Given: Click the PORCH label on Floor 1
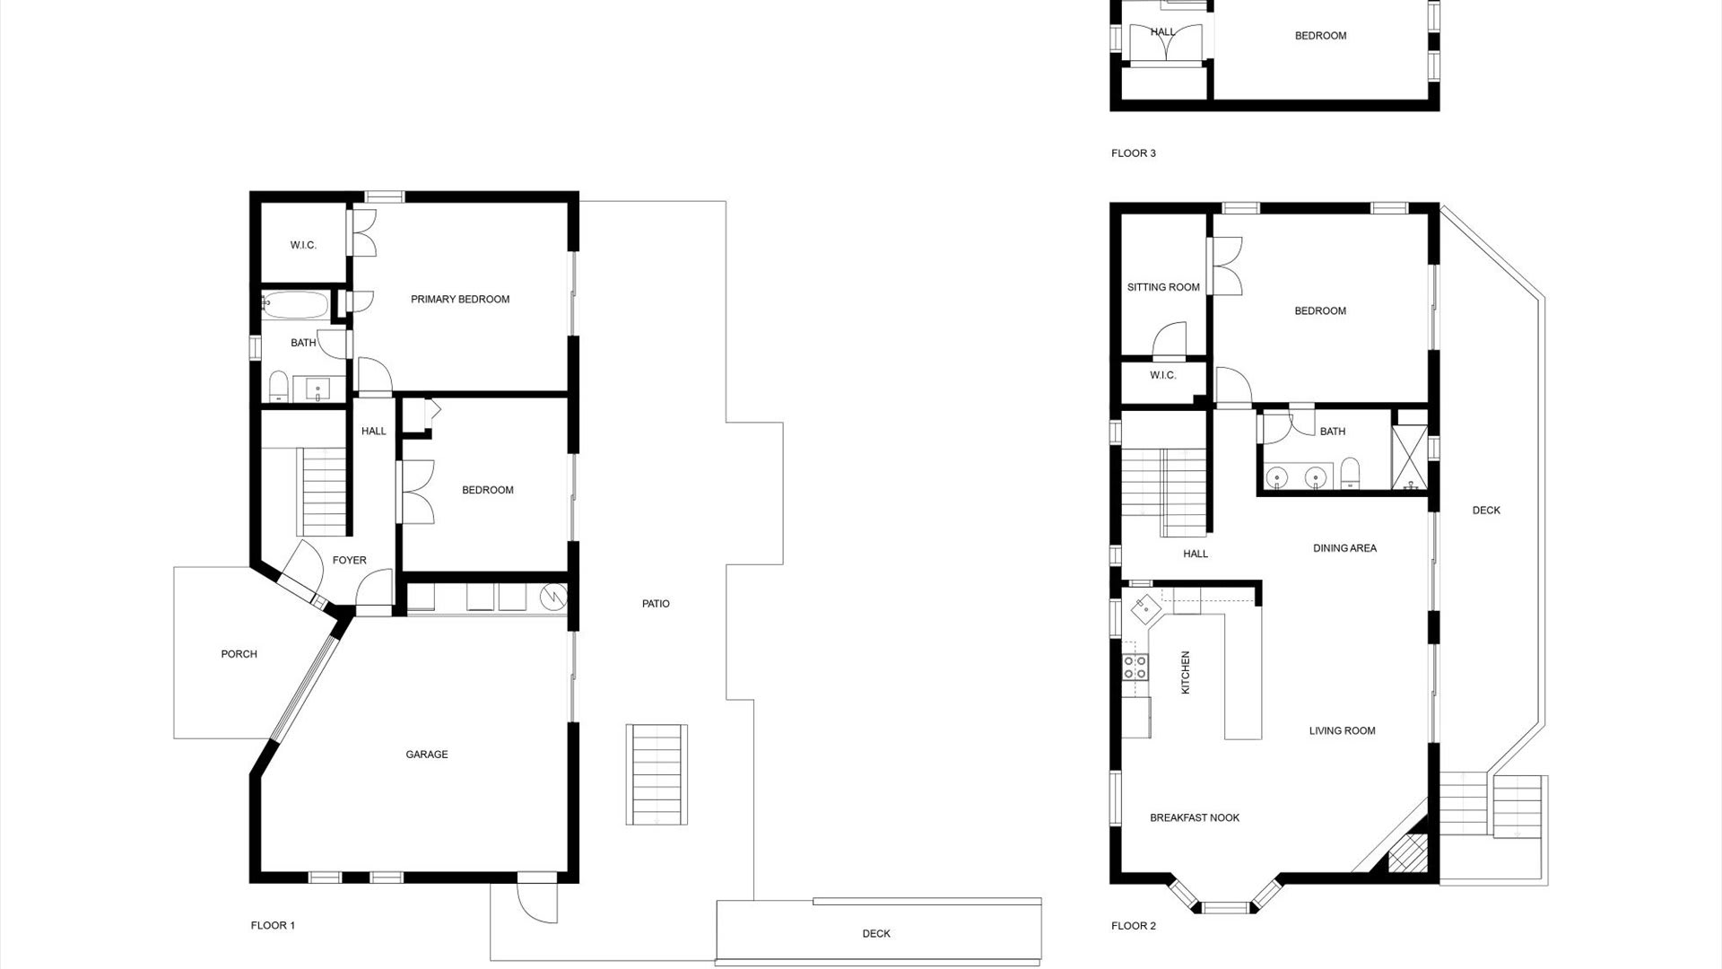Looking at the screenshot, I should [239, 654].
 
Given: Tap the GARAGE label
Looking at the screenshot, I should [427, 755].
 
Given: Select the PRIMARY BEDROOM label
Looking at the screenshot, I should [460, 300].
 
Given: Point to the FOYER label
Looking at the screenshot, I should [350, 561].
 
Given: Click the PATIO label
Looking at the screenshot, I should [656, 604].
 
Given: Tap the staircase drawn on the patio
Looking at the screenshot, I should [657, 774].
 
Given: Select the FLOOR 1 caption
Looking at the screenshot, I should [273, 926].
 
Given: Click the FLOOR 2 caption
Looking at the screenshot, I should [1134, 926].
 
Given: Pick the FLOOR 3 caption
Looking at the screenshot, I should [1134, 153].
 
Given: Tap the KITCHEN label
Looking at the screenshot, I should [1186, 673].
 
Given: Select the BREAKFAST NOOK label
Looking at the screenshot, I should [1195, 818].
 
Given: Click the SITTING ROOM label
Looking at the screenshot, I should [1163, 288].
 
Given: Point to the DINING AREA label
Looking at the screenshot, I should [1344, 548].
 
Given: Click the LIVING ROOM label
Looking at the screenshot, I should [1342, 731].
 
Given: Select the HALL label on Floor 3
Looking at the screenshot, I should [1163, 32].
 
